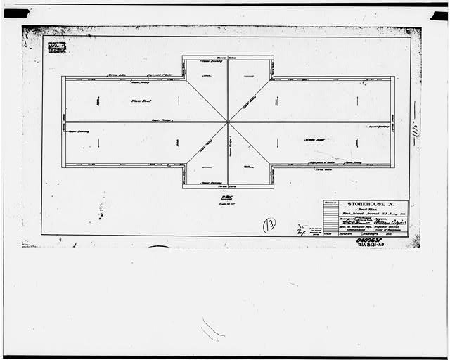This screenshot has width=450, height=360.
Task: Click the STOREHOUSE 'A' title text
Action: pyautogui.click(x=365, y=207)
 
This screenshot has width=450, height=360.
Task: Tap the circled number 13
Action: pyautogui.click(x=269, y=225)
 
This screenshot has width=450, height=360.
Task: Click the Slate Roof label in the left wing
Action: pyautogui.click(x=141, y=101)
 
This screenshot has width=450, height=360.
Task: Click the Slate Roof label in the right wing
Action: pyautogui.click(x=314, y=139)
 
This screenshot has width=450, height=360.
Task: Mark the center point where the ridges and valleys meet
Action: pyautogui.click(x=228, y=122)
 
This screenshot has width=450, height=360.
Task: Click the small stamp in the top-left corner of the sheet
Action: pyautogui.click(x=56, y=48)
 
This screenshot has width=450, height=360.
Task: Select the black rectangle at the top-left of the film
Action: pyautogui.click(x=16, y=13)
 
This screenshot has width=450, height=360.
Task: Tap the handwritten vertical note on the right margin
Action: pyautogui.click(x=416, y=130)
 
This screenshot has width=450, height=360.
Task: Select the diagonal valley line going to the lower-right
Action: pyautogui.click(x=250, y=144)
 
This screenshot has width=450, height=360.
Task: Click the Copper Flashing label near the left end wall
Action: pyautogui.click(x=79, y=131)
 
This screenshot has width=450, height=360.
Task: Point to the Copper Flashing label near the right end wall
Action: pyautogui.click(x=378, y=127)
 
